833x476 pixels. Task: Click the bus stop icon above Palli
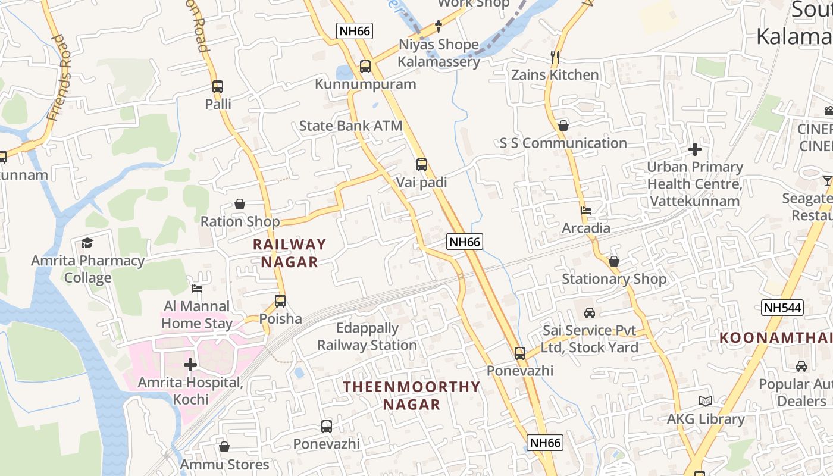(218, 86)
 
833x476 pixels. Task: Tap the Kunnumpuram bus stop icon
(365, 67)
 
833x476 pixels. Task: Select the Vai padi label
(421, 183)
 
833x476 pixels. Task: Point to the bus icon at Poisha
(280, 301)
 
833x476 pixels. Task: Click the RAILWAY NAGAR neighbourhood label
(289, 253)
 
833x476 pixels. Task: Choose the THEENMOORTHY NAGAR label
(411, 396)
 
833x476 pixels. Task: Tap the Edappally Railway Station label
(367, 337)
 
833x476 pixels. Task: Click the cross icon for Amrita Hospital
(190, 364)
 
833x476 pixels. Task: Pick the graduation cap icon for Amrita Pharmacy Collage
(87, 243)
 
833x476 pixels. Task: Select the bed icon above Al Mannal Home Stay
(197, 289)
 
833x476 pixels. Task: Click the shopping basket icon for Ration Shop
(240, 204)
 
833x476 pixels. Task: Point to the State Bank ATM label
(350, 126)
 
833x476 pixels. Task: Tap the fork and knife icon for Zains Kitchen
(555, 57)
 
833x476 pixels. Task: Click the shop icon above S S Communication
(563, 126)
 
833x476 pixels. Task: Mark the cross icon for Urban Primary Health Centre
(694, 149)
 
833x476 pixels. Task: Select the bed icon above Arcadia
(586, 210)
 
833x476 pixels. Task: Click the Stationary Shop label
(614, 279)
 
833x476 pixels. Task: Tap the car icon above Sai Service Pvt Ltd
(589, 313)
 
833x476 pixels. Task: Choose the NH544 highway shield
(782, 308)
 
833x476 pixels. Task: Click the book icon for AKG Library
(706, 402)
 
